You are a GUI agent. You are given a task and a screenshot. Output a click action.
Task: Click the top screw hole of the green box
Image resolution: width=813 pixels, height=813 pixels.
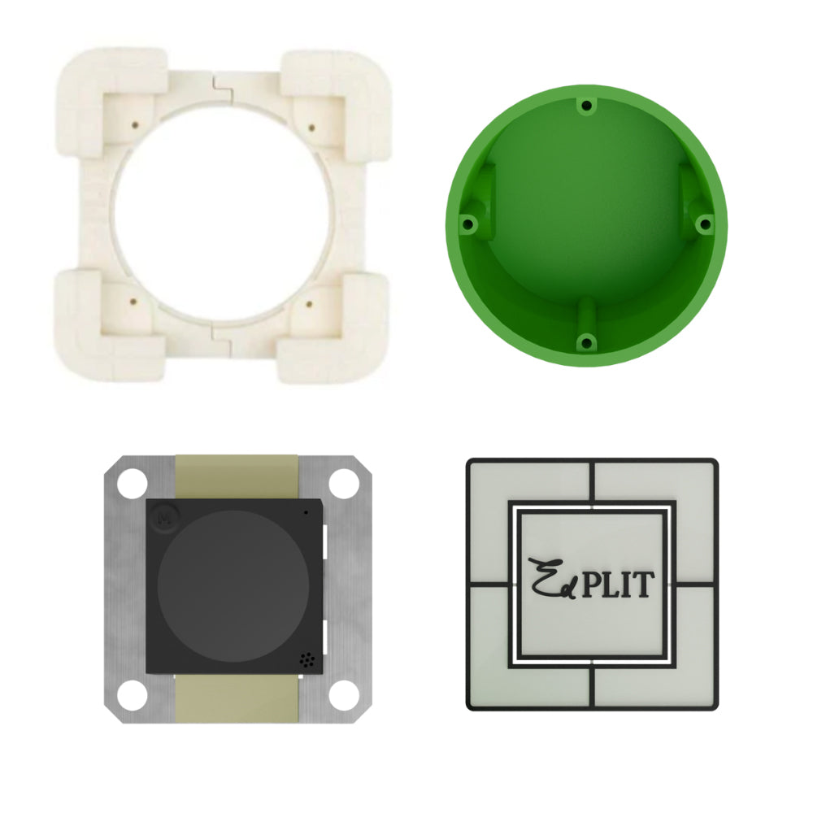click(x=586, y=106)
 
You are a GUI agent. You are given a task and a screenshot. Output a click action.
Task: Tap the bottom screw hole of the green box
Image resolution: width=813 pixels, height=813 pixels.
click(x=586, y=342)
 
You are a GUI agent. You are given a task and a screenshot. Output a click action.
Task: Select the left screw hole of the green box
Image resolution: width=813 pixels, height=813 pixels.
click(x=467, y=224)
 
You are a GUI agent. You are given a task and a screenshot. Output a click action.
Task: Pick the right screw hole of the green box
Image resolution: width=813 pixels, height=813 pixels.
click(x=705, y=224)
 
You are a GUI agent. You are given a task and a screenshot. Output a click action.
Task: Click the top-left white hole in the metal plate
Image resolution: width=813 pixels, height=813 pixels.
click(x=133, y=483)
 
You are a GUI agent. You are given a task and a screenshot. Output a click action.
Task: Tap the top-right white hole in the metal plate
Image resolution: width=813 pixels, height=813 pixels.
click(x=344, y=483)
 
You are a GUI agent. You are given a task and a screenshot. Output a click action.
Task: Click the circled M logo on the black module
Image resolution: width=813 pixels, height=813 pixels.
click(x=166, y=517)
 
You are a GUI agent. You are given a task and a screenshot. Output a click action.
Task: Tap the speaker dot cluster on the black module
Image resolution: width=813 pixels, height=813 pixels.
click(x=307, y=660)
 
